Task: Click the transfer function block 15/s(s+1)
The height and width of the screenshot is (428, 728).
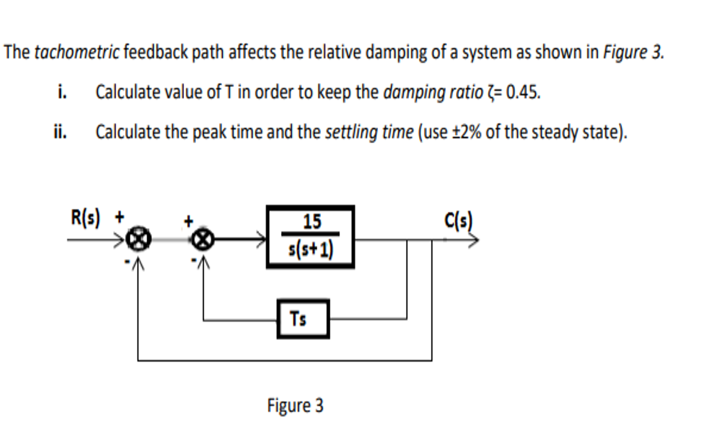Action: (310, 237)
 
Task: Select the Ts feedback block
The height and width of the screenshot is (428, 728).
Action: (303, 318)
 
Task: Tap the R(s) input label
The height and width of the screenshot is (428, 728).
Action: (87, 217)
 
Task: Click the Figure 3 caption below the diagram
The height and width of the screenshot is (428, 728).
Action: (295, 405)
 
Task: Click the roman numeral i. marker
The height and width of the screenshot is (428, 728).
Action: (62, 92)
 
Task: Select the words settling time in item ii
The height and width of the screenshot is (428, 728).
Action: (369, 132)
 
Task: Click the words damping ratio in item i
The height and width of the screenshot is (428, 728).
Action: (433, 92)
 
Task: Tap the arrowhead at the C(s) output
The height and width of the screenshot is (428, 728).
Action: (474, 241)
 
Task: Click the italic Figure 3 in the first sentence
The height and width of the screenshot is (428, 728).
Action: (633, 52)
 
